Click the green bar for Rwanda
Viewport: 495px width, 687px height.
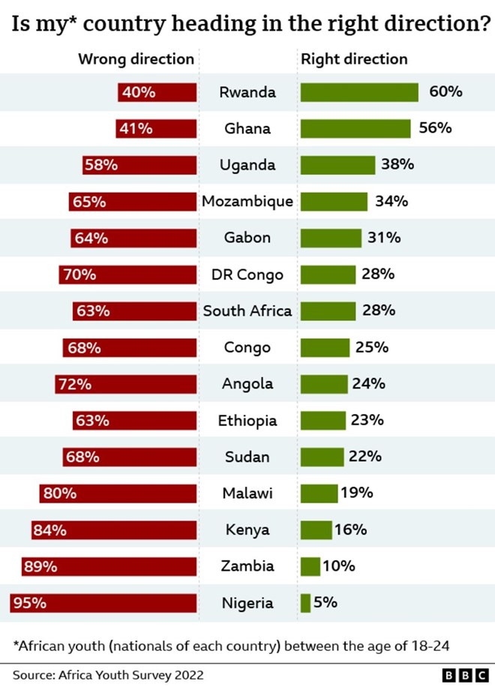(359, 92)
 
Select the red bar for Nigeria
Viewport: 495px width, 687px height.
(103, 602)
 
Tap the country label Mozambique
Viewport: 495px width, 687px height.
(247, 202)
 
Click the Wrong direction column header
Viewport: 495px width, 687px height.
(136, 59)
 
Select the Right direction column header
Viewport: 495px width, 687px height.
(354, 59)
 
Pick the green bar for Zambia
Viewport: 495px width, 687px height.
(310, 566)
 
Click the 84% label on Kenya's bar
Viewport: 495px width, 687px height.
(49, 530)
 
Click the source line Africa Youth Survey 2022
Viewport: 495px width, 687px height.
(108, 674)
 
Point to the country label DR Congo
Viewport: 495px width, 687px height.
(247, 274)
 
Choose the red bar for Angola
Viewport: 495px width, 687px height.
(126, 384)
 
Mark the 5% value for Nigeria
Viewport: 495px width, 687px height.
(325, 602)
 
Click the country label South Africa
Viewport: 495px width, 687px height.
(247, 310)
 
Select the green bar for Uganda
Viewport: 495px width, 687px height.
(337, 165)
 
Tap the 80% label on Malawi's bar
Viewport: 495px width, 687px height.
(59, 493)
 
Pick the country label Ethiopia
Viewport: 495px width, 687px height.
(247, 421)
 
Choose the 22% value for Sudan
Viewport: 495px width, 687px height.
(365, 457)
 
